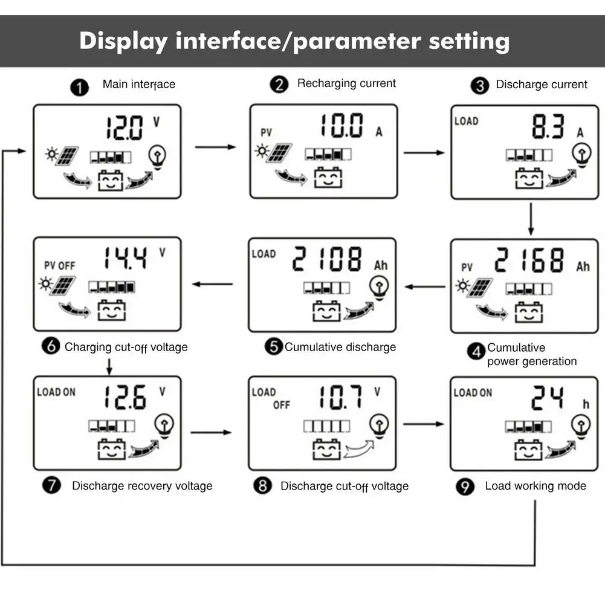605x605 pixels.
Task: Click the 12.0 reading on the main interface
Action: click(125, 128)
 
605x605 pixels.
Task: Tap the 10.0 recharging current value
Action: click(341, 126)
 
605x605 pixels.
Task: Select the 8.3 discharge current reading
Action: click(548, 127)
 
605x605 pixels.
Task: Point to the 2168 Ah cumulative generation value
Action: click(529, 260)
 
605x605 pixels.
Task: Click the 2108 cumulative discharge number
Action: click(327, 259)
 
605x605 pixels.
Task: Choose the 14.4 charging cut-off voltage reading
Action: click(125, 258)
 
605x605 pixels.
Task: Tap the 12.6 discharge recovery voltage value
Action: click(125, 397)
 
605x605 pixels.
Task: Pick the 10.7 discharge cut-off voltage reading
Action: click(340, 397)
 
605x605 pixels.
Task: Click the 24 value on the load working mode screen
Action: click(547, 398)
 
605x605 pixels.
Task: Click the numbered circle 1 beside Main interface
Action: click(79, 88)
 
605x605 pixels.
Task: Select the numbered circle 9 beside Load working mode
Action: click(465, 487)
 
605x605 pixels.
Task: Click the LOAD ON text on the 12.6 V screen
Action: click(56, 392)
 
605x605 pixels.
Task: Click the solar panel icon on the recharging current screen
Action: click(279, 153)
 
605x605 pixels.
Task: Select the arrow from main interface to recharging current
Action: click(215, 147)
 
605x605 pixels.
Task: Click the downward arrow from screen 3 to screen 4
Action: click(531, 219)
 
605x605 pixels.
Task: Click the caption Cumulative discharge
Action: click(340, 347)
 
